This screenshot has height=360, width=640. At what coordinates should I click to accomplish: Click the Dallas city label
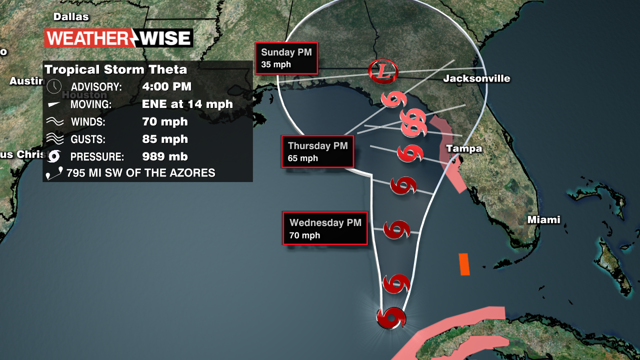coord(71,17)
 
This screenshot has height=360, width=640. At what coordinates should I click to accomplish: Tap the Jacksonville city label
coord(476,78)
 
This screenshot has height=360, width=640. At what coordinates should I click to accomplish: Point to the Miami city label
coord(544,220)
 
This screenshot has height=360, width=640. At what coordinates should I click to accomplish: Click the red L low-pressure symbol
coord(383,70)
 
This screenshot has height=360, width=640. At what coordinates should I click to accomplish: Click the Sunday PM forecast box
coord(286,57)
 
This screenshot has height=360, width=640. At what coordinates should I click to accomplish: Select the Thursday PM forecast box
coord(317,151)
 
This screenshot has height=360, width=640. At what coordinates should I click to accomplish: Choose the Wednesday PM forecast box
coord(325,228)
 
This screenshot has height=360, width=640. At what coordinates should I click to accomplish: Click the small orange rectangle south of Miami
coord(464,264)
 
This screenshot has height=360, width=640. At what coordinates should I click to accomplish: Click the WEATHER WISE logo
coord(118,38)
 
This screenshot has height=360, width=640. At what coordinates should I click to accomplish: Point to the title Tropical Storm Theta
coord(115,69)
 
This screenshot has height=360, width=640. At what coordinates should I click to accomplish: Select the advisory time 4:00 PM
coord(166,86)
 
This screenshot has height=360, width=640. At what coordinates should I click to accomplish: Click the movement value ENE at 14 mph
coord(187,104)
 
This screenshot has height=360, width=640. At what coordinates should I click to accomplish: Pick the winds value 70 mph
coord(164,121)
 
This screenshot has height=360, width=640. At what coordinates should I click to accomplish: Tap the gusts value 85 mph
coord(164,139)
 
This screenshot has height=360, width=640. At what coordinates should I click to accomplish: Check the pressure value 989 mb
coord(164,156)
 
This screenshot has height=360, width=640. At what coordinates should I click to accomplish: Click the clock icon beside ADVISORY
coord(53,86)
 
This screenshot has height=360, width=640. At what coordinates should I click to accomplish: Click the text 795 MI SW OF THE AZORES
coord(140,173)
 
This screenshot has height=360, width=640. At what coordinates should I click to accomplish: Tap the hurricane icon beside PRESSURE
coord(53,156)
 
